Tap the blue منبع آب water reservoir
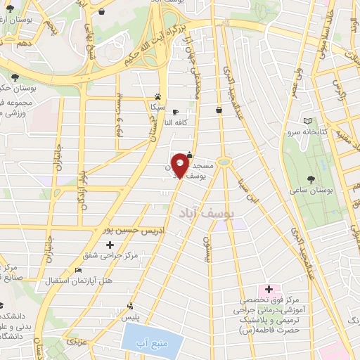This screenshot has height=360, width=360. click(x=153, y=342)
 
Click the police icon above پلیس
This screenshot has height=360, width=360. click(x=130, y=306)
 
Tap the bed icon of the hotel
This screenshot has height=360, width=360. click(x=78, y=271)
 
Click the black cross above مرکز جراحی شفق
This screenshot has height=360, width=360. click(x=109, y=245)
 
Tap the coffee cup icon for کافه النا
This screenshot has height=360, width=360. click(x=175, y=112)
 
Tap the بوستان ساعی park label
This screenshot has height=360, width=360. click(x=310, y=190)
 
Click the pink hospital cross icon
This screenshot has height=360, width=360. click(x=268, y=290)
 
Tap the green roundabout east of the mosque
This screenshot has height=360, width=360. click(x=224, y=162)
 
